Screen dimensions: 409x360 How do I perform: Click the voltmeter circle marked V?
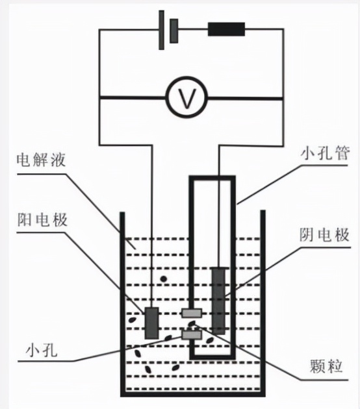coord(187,98)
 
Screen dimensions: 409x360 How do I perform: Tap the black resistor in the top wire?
coord(226,29)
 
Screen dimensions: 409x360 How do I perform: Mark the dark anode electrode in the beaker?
coord(151,323)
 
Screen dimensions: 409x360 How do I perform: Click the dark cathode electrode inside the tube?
coord(219,299)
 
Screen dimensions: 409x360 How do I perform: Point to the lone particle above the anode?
coord(163,280)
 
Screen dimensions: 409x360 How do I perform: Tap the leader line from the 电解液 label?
coord(97,201)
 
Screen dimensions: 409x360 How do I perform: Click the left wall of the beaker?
coord(122,299)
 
